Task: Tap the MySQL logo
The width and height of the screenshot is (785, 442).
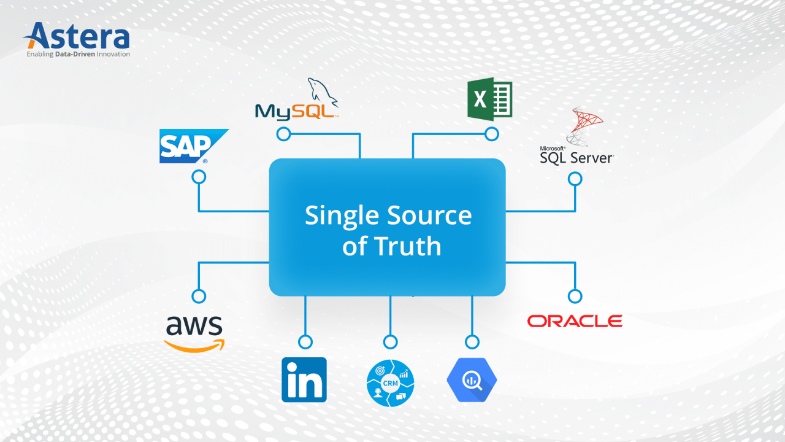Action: pos(297,101)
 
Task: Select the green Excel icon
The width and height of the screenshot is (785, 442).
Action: pos(489,99)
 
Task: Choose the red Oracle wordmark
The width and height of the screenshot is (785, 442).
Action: pos(575,321)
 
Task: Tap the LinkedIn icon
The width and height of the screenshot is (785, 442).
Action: pos(304,379)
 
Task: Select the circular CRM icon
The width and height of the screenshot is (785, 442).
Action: pos(390,383)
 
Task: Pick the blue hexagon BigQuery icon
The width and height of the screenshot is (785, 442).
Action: pos(472,380)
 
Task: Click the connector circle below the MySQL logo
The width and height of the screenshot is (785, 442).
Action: pos(283,134)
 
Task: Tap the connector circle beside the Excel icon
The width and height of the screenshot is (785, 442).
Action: pos(491,134)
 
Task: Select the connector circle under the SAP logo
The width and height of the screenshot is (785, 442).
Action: pos(199,177)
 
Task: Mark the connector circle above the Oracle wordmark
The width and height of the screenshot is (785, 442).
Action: pos(575,296)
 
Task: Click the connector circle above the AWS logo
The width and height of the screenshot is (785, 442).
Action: pos(199,296)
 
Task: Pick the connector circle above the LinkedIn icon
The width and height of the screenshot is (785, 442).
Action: pos(305,342)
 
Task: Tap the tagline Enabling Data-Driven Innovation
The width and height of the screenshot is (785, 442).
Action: pos(78,54)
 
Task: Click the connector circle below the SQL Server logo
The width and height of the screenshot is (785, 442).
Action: pos(575,179)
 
